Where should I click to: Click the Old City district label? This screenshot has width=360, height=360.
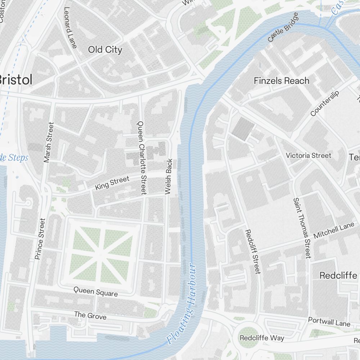click(105, 50)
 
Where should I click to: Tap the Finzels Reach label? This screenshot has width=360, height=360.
click(282, 81)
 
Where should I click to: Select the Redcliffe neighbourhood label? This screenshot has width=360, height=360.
click(338, 276)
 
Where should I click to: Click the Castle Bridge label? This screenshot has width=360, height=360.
click(283, 27)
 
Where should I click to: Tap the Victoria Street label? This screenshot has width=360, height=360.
click(308, 156)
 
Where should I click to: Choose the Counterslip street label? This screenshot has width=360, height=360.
click(324, 104)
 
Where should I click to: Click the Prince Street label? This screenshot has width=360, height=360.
click(40, 239)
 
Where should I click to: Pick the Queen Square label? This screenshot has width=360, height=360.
click(95, 292)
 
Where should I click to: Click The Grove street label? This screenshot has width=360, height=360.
click(90, 315)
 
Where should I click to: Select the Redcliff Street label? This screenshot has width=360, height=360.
click(252, 252)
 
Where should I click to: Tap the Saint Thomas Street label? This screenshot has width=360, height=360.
click(302, 228)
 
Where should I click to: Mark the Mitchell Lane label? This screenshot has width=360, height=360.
click(334, 230)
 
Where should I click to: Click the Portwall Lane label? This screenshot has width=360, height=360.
click(329, 322)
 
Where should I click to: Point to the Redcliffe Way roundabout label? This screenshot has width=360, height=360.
click(262, 338)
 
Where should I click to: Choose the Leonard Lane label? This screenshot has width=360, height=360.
click(70, 27)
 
